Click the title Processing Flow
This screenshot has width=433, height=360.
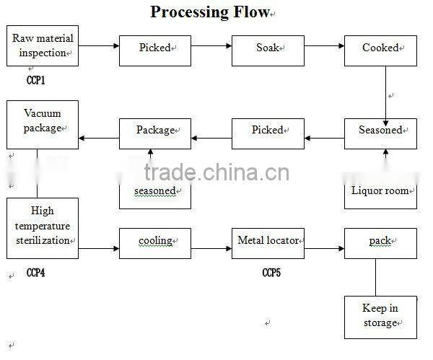point(210,12)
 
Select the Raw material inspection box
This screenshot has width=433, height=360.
point(43,45)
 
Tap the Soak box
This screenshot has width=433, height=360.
point(268,48)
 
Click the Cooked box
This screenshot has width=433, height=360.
point(380,48)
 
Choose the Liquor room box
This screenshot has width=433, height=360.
point(380,190)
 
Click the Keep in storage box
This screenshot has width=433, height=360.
point(380,316)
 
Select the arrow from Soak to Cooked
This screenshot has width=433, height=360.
point(324,47)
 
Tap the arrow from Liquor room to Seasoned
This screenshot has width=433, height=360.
point(385,161)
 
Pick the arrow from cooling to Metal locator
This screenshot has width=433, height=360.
point(211,249)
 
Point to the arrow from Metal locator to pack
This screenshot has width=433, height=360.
point(324,249)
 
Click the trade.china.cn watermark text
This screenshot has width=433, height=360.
point(217,174)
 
